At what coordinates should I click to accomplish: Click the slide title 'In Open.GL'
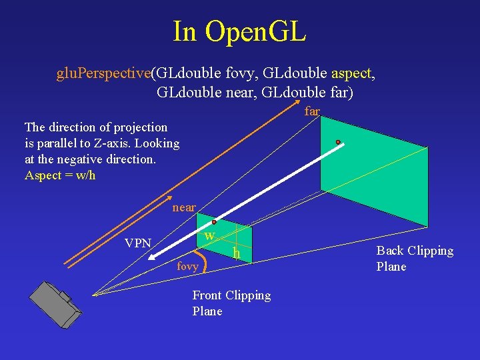[239, 31]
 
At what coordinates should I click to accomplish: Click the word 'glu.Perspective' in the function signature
[103, 73]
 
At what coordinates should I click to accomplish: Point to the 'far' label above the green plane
[312, 111]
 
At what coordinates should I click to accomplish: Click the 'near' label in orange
[184, 207]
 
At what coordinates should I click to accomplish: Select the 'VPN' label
[138, 243]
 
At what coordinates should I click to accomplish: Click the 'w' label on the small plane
[209, 236]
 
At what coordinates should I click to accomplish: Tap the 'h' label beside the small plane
[236, 253]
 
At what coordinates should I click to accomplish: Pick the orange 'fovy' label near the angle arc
[187, 267]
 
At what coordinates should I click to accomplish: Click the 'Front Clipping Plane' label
[231, 303]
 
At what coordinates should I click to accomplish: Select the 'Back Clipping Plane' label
[415, 259]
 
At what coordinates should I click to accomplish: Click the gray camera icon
[55, 304]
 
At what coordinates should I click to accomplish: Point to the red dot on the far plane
[338, 142]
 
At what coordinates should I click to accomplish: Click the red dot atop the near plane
[214, 222]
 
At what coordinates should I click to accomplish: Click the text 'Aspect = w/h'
[60, 175]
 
